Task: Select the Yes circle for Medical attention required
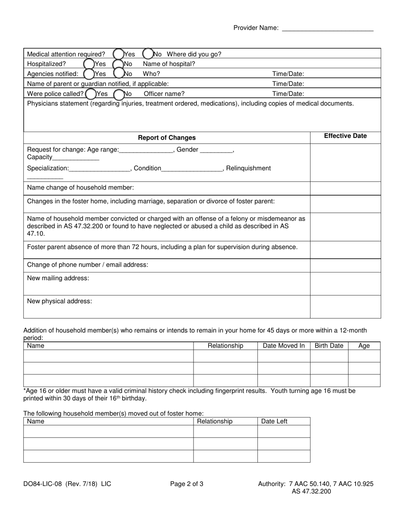point(118,54)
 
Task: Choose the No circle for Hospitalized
point(119,64)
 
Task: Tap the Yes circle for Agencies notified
point(89,74)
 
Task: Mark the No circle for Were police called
point(119,94)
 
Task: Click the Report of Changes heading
point(167,137)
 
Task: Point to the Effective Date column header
point(345,136)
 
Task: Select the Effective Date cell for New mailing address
point(345,284)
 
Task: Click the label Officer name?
point(164,94)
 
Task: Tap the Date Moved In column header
point(283,346)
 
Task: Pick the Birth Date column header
point(328,346)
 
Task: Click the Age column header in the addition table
point(364,346)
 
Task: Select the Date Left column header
point(274,421)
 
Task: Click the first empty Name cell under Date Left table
point(108,431)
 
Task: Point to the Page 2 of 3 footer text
point(187,484)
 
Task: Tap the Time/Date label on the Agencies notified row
point(288,74)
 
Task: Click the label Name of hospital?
point(169,64)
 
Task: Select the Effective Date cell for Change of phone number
point(345,265)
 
